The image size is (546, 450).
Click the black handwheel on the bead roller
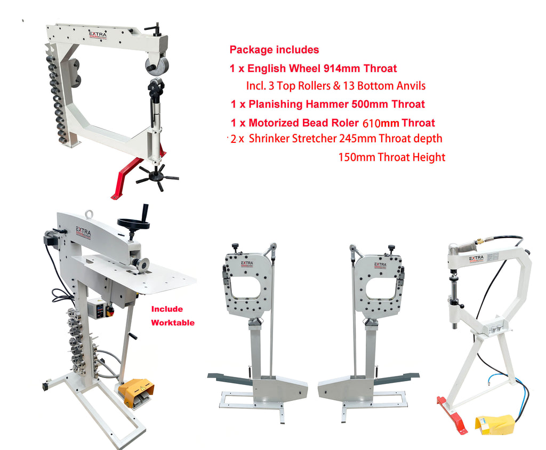(134, 223)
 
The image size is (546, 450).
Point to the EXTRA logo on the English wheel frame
(98, 34)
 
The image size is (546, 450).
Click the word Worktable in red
(173, 323)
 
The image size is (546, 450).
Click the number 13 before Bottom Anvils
(349, 86)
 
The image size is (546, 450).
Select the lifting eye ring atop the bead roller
(90, 214)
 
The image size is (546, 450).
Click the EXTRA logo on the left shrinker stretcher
(247, 264)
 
